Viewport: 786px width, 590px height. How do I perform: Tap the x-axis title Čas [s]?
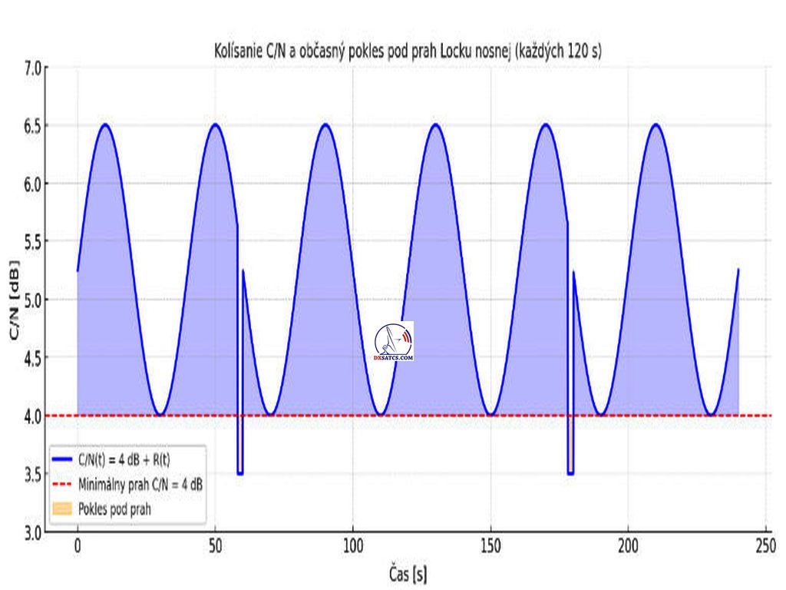(408, 573)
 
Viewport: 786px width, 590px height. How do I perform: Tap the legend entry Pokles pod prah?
(114, 509)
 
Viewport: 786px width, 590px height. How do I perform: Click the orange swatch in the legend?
(63, 509)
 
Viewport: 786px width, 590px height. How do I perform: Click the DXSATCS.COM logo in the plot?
(394, 342)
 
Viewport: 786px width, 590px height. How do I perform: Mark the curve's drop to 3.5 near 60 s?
(240, 473)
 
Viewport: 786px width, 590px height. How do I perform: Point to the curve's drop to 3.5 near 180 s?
(570, 473)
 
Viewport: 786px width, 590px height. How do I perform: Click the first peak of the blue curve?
(105, 124)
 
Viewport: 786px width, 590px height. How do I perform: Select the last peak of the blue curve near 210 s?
(656, 124)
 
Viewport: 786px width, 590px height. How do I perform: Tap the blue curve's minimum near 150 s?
(490, 415)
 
